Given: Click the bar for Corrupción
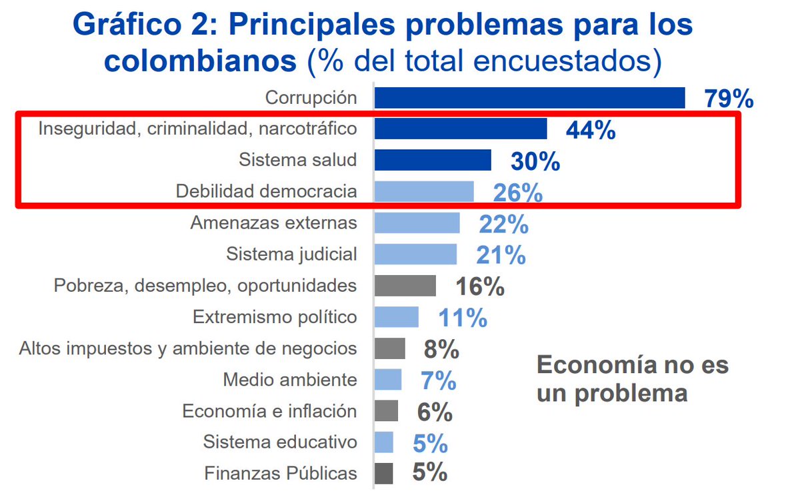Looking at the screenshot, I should [x=529, y=97].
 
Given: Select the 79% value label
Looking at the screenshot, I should [x=729, y=99].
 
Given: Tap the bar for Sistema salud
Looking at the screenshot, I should [x=433, y=160].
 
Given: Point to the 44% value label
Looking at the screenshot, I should [x=590, y=131].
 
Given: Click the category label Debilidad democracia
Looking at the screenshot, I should [x=266, y=191].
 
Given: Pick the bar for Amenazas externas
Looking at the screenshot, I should [x=417, y=223].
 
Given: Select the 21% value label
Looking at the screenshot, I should [x=501, y=254].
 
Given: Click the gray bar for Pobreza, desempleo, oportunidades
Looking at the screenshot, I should [x=405, y=286].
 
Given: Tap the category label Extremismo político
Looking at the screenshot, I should [x=275, y=317].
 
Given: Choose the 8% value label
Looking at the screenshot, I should [x=441, y=349].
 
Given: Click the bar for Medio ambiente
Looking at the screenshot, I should [x=388, y=380].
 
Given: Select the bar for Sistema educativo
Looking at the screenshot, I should [x=384, y=442].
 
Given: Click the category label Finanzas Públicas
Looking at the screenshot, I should [x=281, y=474].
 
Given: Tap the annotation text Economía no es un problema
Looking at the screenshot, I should [x=632, y=379].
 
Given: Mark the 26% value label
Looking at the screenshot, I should [x=517, y=193].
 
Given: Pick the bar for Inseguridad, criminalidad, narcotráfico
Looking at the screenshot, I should [x=461, y=129].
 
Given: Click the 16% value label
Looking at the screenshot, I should [x=480, y=286].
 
